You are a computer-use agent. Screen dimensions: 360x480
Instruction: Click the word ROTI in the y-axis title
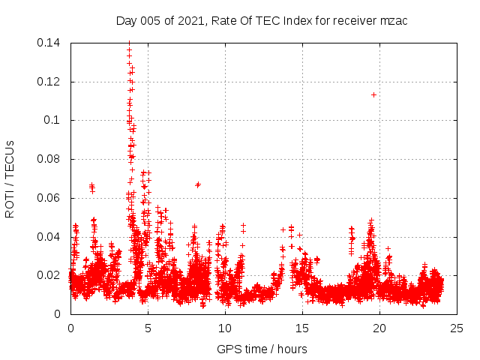pyautogui.click(x=10, y=204)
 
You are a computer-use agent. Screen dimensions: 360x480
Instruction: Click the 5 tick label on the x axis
pyautogui.click(x=148, y=328)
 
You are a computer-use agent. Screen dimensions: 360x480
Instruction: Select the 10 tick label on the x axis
pyautogui.click(x=225, y=328)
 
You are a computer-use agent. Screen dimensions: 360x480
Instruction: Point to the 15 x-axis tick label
pyautogui.click(x=302, y=328)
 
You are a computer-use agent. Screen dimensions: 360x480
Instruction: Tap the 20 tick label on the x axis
pyautogui.click(x=379, y=328)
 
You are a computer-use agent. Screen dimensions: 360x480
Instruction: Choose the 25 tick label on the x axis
pyautogui.click(x=457, y=328)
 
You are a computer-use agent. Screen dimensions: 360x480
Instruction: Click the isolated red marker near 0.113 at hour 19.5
pyautogui.click(x=373, y=94)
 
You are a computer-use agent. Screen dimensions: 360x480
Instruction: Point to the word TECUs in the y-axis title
pyautogui.click(x=10, y=155)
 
